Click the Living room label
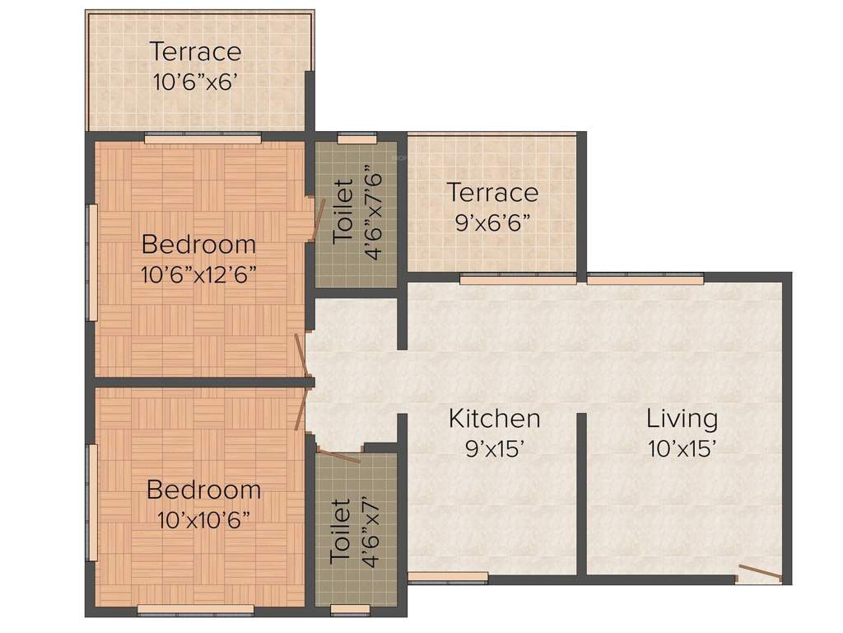pos(682,419)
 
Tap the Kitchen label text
pos(494,419)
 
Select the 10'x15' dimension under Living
pos(682,448)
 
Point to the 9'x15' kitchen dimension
pos(494,448)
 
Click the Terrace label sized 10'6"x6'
pos(196,52)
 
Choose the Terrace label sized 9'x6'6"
pos(492,193)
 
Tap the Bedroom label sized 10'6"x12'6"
pos(198,245)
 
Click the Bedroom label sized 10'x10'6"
pos(203,490)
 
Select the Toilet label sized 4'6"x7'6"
pos(343,213)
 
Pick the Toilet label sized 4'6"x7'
pos(340,530)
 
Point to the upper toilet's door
pos(314,219)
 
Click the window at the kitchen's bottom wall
pos(448,577)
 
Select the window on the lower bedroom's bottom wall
pos(195,610)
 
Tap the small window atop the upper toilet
pos(356,139)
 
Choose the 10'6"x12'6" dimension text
pos(198,274)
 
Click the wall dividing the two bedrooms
pos(198,382)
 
